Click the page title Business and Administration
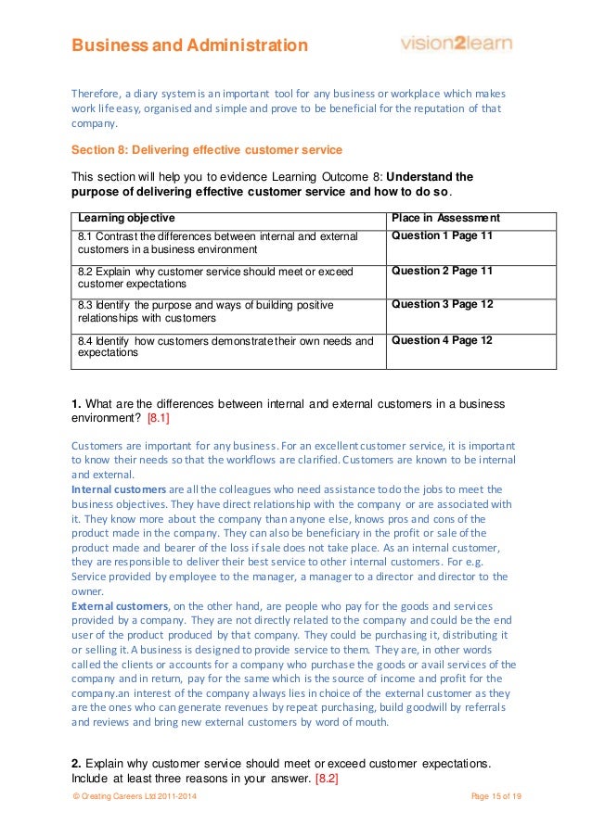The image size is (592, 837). tap(190, 44)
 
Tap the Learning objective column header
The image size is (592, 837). tap(122, 219)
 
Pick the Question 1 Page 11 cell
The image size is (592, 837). tap(442, 236)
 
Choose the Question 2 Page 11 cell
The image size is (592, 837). tap(442, 271)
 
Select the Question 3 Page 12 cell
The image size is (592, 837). tap(442, 304)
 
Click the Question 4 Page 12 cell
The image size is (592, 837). tap(442, 340)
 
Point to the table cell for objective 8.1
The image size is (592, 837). tap(217, 243)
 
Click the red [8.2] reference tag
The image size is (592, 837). tap(327, 778)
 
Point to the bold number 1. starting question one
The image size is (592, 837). tap(77, 404)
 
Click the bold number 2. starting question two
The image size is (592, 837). tap(77, 764)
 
